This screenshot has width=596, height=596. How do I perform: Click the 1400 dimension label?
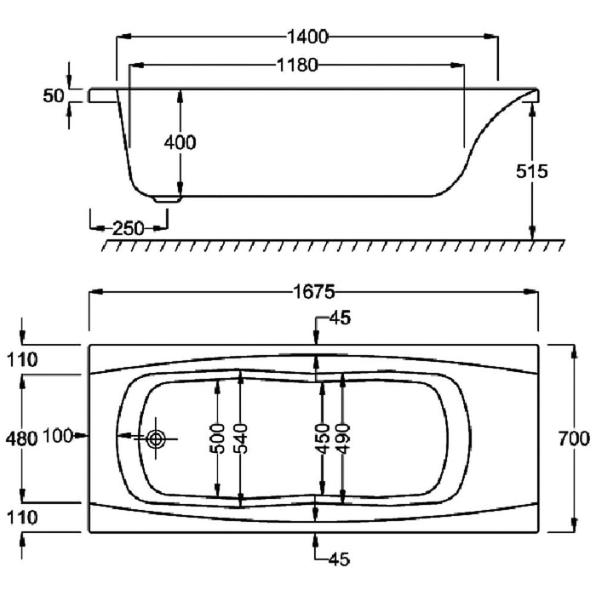[307, 37]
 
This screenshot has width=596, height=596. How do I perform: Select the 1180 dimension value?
[297, 66]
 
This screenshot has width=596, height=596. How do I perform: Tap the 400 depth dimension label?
[181, 142]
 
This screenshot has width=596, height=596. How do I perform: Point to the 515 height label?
[532, 171]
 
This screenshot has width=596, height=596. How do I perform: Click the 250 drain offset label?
[129, 228]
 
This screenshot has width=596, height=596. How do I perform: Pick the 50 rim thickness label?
[54, 95]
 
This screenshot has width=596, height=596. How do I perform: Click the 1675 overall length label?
[314, 292]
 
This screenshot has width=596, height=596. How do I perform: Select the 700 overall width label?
[574, 438]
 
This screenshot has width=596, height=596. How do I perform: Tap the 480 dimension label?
[21, 439]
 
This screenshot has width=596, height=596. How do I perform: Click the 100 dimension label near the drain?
[58, 436]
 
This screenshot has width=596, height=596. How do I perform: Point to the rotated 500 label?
[217, 438]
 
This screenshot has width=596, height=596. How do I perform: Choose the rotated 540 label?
[240, 438]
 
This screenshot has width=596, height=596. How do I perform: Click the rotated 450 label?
[322, 438]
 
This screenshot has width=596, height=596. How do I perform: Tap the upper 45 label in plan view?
[340, 318]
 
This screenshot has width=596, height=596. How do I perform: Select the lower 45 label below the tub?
[339, 559]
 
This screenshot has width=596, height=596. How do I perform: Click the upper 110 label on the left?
[22, 360]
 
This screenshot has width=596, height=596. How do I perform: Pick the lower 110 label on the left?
[22, 518]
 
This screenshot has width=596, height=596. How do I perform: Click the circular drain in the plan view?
[156, 439]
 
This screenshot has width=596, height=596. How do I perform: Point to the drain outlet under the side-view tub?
[167, 199]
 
